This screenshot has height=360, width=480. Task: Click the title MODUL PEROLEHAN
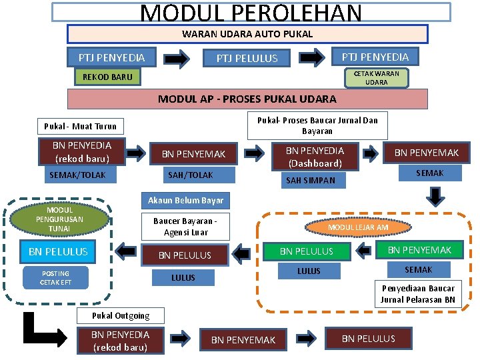[251, 13]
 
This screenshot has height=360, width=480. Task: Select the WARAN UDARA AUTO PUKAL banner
[247, 34]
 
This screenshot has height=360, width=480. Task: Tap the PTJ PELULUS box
[247, 59]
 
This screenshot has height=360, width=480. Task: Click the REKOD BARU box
[107, 77]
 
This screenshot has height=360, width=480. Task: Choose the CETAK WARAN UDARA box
[376, 78]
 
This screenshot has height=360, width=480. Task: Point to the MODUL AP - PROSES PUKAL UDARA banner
[247, 99]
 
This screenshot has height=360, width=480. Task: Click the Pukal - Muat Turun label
[80, 126]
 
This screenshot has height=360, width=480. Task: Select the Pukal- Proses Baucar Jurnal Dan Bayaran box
[317, 125]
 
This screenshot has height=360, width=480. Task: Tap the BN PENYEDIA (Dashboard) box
[315, 157]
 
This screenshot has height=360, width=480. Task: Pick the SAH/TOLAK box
[191, 175]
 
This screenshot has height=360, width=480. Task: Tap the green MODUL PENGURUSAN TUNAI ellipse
[59, 219]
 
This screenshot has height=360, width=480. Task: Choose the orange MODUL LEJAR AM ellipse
[358, 227]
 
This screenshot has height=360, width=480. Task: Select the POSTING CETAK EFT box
[55, 278]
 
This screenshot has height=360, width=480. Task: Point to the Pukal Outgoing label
[121, 315]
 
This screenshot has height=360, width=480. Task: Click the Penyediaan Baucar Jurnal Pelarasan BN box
[418, 294]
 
